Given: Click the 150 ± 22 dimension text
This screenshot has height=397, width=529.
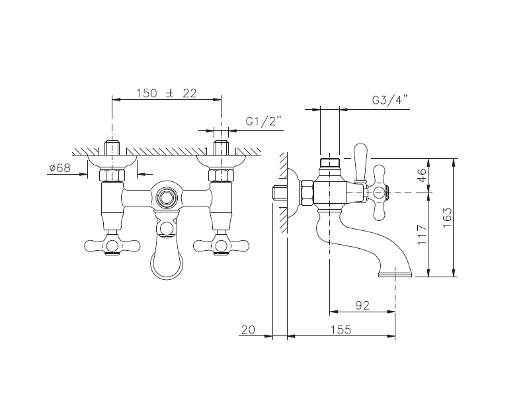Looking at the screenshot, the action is pyautogui.click(x=167, y=93).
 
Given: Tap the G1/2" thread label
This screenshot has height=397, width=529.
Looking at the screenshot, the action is pyautogui.click(x=263, y=121).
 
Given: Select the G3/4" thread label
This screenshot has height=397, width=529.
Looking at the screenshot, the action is pyautogui.click(x=390, y=101).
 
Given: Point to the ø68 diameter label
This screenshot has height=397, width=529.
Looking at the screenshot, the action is pyautogui.click(x=60, y=168).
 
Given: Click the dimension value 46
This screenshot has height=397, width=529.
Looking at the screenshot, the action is pyautogui.click(x=422, y=175).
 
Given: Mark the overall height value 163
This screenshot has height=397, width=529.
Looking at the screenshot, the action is pyautogui.click(x=447, y=218).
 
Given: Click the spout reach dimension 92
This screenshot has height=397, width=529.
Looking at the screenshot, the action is pyautogui.click(x=362, y=305).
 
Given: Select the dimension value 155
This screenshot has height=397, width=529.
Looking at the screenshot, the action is pyautogui.click(x=341, y=330).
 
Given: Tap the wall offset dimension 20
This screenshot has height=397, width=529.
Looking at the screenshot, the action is pyautogui.click(x=249, y=330).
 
